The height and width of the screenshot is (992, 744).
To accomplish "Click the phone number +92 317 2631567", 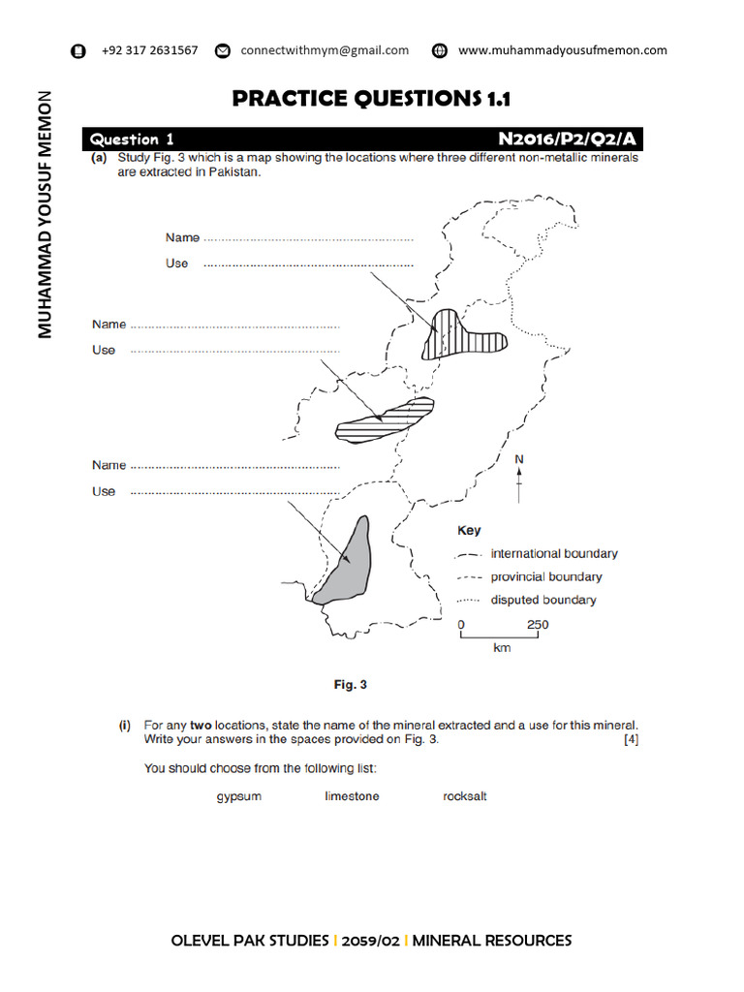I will click(149, 50).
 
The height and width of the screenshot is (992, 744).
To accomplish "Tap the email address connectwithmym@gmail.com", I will click(325, 50).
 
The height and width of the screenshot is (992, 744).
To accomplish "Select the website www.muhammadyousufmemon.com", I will click(562, 50).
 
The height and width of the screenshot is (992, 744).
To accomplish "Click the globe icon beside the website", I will click(440, 51).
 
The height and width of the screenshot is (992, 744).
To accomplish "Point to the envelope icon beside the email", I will click(223, 51).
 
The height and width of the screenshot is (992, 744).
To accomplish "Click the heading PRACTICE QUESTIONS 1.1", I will click(371, 99).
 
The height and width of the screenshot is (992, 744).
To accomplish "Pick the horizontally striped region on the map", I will click(383, 420).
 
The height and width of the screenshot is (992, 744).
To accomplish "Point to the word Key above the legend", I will click(469, 531).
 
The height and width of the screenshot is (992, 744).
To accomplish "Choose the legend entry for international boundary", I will click(553, 554).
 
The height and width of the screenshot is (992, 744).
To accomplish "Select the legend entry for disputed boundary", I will click(542, 601).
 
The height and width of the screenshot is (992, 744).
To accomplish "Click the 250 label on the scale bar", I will click(538, 625).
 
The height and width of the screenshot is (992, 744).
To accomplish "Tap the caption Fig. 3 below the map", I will click(351, 685).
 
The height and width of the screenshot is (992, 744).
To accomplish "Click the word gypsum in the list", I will click(238, 796).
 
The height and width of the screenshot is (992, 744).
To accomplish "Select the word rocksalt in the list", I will click(464, 796).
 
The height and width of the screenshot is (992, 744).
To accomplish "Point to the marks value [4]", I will click(632, 740).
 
